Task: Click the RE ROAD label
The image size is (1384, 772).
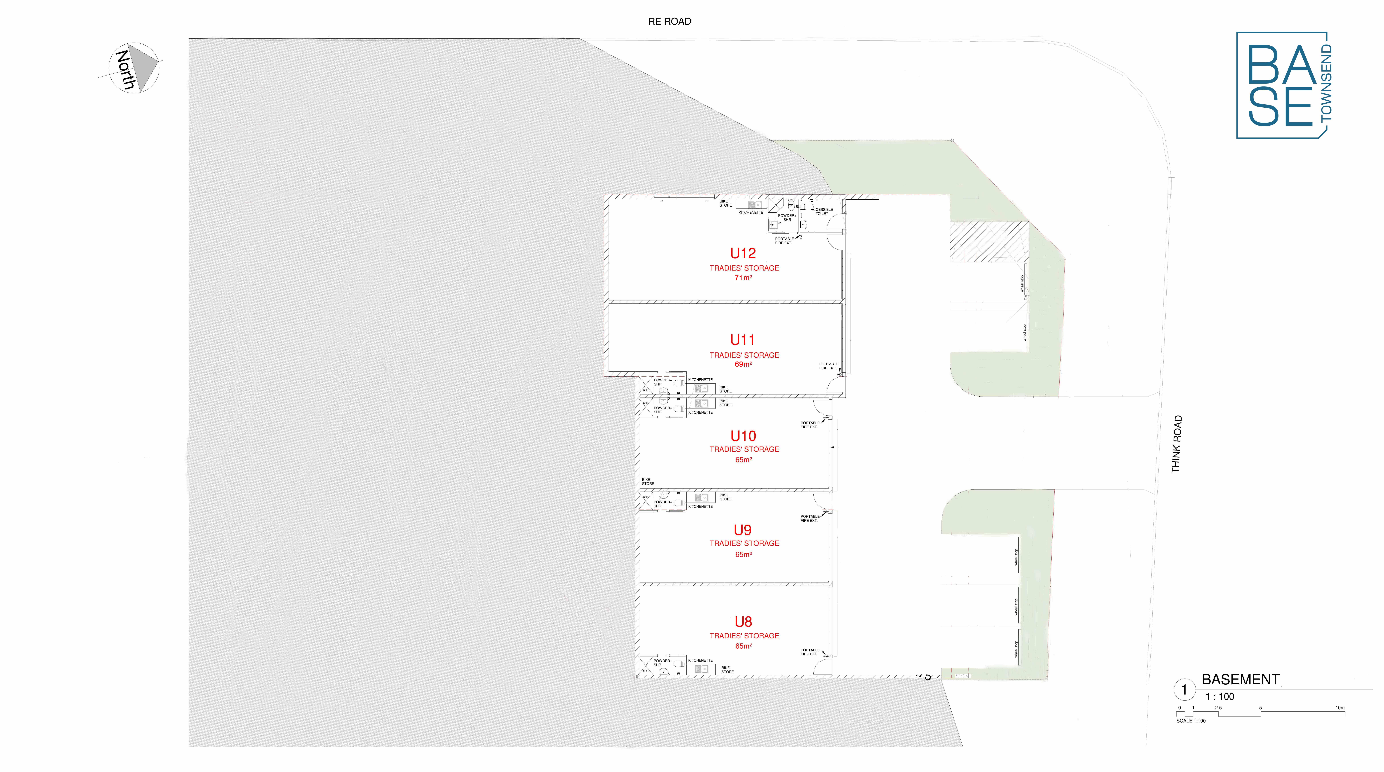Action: (x=669, y=22)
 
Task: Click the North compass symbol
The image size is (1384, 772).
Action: (x=134, y=68)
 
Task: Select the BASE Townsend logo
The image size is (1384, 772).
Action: (x=1284, y=85)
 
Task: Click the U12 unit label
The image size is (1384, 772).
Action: (x=743, y=253)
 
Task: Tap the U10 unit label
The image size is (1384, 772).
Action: (x=743, y=436)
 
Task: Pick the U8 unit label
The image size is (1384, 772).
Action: (x=743, y=622)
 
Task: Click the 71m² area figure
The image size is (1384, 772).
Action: (x=743, y=278)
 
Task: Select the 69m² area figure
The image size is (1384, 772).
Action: (x=743, y=364)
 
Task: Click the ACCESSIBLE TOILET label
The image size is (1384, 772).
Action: (x=821, y=211)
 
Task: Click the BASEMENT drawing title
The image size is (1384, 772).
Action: (x=1240, y=679)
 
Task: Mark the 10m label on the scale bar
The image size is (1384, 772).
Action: (x=1339, y=708)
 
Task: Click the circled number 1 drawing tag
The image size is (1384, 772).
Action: (x=1184, y=690)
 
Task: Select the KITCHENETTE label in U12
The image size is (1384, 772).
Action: (x=750, y=212)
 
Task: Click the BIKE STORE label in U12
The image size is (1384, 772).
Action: (x=725, y=203)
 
